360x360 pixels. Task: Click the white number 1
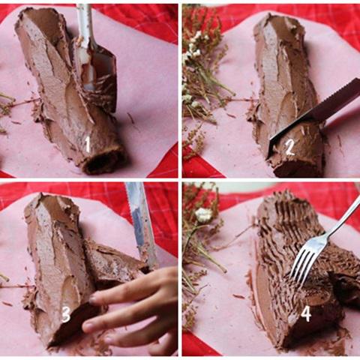tap(87, 145)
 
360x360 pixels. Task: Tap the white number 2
tap(289, 148)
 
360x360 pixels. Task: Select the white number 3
tap(66, 315)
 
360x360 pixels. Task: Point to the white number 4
tap(306, 314)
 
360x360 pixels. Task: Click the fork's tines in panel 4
tap(301, 265)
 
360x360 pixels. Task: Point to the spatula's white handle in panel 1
tap(85, 25)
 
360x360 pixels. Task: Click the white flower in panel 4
tap(204, 215)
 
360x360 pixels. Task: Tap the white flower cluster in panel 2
tap(193, 51)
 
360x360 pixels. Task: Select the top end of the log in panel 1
tap(37, 17)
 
